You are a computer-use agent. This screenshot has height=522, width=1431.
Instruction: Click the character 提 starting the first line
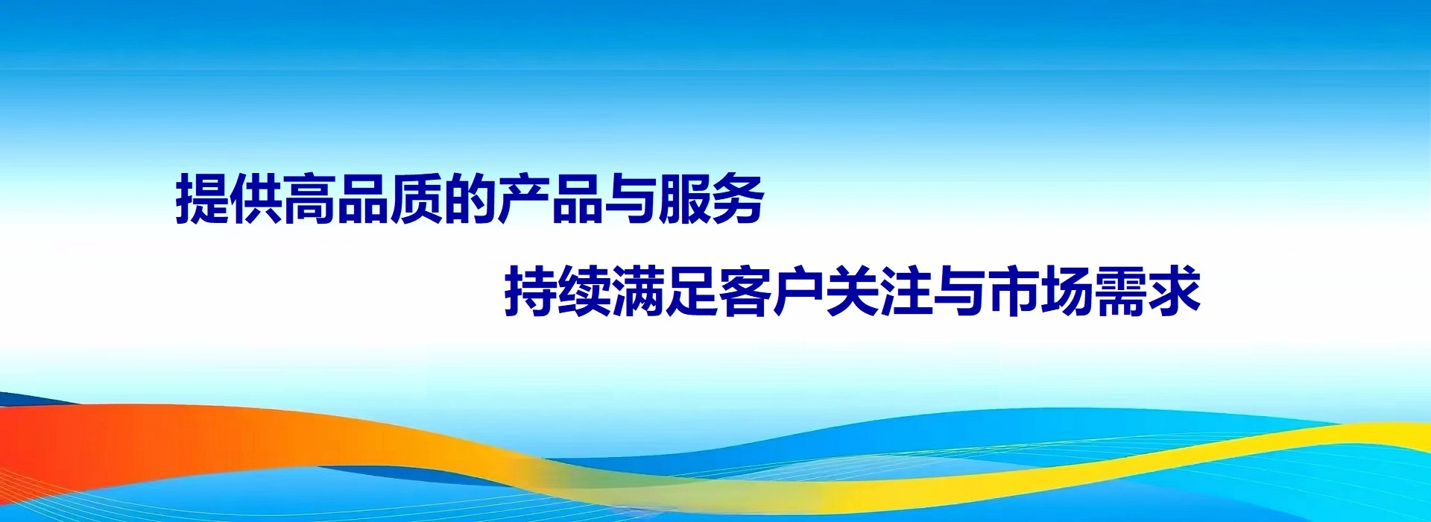(203, 199)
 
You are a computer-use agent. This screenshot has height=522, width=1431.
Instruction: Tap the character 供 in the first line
(256, 199)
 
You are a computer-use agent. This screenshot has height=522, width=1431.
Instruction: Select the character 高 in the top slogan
(310, 199)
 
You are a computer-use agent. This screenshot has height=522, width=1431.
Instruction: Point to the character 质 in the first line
(417, 199)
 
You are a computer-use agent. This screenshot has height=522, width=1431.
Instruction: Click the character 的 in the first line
(471, 199)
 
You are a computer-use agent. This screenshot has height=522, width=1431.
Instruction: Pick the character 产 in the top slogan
(525, 199)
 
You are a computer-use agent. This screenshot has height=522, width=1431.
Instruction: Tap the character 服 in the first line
(685, 199)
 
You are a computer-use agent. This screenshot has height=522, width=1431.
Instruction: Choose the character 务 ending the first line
(739, 199)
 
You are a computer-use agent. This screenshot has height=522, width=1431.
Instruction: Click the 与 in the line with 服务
(631, 199)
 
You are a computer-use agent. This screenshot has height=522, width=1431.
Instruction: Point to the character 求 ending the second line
(1175, 291)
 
